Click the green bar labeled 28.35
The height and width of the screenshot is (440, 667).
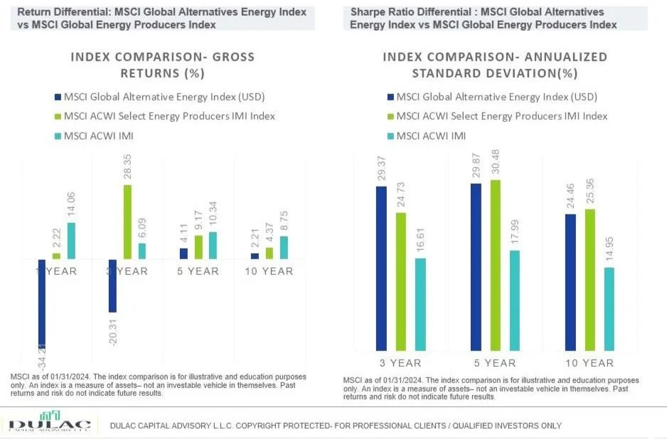pos(127,222)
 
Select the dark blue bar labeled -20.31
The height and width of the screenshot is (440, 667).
pos(112,286)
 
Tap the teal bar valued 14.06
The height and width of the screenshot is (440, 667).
pos(71,241)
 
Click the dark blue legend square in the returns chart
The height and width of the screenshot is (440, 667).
pos(58,98)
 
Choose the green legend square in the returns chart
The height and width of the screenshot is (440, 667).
pos(58,116)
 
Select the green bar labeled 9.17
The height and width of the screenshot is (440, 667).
pos(198,247)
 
